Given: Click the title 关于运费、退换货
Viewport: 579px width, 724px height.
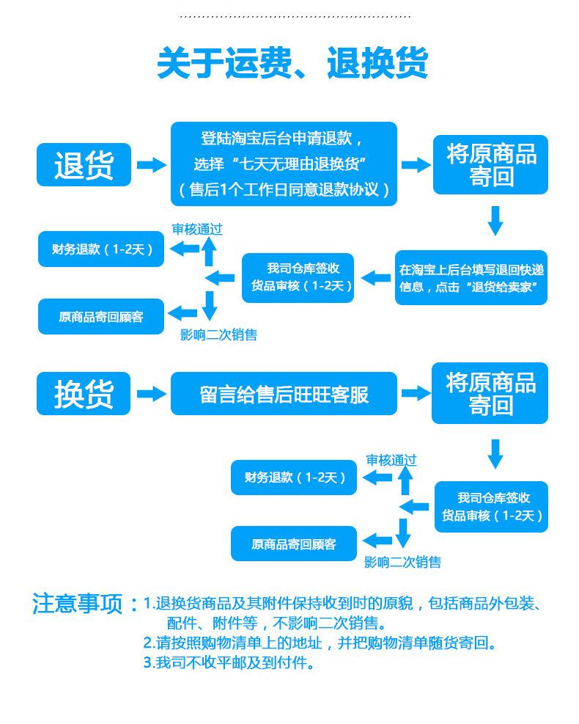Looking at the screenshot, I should pos(292,64).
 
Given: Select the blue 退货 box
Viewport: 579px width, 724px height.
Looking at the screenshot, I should pos(84,164).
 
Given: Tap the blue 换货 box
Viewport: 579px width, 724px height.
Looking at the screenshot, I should pos(84,394).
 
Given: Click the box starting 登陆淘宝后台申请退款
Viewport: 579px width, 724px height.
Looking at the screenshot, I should pos(284,164).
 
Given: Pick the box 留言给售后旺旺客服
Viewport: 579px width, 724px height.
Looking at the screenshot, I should pos(284,394).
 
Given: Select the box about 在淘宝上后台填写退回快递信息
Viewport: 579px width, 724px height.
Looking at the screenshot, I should pos(471,278).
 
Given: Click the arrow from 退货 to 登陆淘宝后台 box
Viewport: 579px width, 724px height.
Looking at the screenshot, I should pos(151,165).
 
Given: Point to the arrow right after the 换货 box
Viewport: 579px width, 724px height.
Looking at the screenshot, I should pos(151,394).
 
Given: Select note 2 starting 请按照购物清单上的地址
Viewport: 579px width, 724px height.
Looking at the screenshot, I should pos(320,643).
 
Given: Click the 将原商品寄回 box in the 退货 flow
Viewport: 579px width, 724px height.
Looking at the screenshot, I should pos(490,165).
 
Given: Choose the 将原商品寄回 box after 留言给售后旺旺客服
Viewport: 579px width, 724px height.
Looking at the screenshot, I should pos(490,393).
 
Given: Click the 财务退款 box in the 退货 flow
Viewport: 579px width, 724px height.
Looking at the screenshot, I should pos(101,249).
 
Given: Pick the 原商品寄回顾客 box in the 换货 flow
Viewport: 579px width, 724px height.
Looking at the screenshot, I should pos(293,544).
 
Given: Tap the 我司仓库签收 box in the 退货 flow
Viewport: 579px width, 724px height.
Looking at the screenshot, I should pos(298,277).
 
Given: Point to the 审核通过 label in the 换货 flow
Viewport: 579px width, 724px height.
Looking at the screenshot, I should pos(391,460).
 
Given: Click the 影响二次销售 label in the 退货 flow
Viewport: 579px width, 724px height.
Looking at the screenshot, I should pos(218,335).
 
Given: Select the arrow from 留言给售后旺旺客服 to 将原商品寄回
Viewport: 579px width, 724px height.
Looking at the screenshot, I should pos(416,394).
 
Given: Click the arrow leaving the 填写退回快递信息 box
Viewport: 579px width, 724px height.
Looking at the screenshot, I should pos(377,278).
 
